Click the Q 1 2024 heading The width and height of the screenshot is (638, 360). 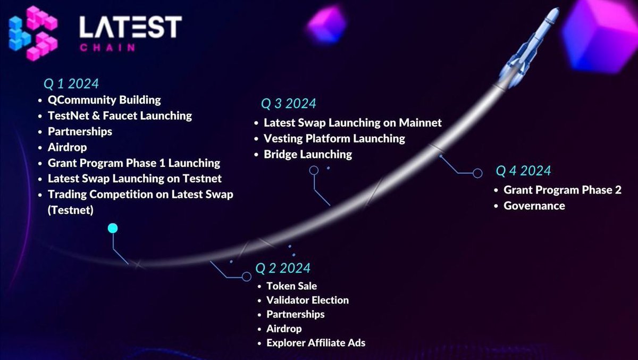[71, 83]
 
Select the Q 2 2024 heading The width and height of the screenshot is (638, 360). [283, 267]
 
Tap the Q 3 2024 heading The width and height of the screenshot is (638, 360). [288, 103]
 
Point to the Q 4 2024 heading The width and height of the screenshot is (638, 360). [523, 171]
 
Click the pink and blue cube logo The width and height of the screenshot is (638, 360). [33, 33]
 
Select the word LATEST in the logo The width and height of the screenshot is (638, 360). [130, 27]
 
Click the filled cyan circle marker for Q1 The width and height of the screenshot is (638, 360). [112, 229]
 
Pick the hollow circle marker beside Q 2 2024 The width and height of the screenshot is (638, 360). [246, 277]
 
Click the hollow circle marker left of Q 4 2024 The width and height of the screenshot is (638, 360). [477, 173]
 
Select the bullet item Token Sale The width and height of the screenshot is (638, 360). [291, 286]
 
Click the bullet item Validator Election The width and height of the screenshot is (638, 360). [307, 300]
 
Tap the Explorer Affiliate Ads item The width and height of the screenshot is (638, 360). [316, 343]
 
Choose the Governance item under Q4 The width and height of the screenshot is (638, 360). [534, 206]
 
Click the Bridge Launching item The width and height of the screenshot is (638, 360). [308, 155]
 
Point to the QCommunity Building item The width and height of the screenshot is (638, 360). [104, 99]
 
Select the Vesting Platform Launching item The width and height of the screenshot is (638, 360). [334, 139]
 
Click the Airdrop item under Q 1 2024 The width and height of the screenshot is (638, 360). [67, 147]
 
